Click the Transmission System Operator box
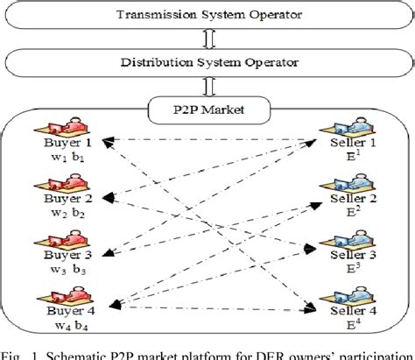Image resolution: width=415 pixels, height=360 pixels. coord(207,15)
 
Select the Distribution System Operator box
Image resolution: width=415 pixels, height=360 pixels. coord(207,62)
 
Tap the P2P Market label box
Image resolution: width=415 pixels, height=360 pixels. coord(208,110)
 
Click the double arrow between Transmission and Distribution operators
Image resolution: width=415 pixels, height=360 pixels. coord(208,39)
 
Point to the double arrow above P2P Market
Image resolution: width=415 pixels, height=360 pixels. coord(208,88)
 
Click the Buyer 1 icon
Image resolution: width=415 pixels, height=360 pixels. coord(62,124)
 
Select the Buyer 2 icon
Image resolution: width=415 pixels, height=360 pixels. coord(62,184)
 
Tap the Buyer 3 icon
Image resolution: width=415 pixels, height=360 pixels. coord(62,241)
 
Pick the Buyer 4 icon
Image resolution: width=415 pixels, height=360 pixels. coord(62,298)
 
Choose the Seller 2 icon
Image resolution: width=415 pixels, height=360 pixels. coord(338,185)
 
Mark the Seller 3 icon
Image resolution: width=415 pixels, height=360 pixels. coord(338,241)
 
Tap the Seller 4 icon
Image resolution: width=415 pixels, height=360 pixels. coord(338,298)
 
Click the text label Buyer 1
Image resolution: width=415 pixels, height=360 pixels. coord(63,142)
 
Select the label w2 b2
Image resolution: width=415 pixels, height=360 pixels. coord(63,213)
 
